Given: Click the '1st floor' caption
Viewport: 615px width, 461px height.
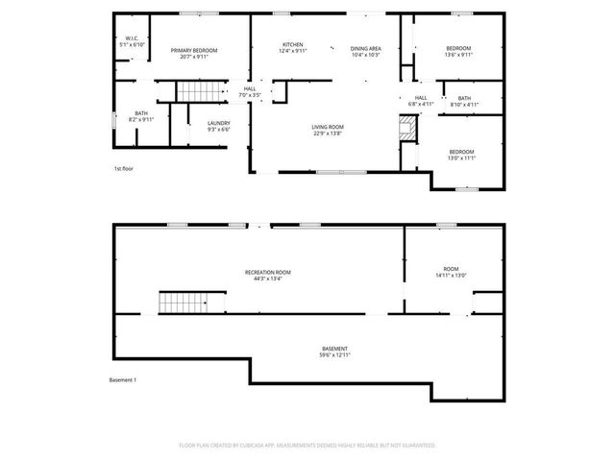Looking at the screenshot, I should point(122,169).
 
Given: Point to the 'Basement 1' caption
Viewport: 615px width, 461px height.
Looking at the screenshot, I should point(122,380).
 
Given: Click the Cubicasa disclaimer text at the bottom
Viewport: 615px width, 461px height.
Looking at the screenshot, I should point(307,446).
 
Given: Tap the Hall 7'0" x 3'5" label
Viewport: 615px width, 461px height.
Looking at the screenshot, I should point(249,92).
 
